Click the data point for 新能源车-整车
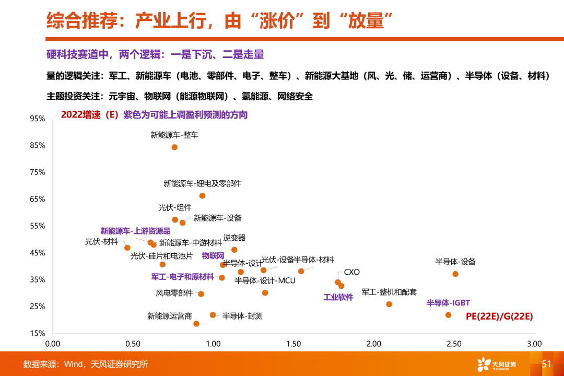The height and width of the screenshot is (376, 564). click(174, 147)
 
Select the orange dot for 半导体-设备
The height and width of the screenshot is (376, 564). click(455, 274)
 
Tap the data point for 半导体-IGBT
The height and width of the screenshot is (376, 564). click(448, 315)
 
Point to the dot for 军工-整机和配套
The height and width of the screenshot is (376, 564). click(389, 304)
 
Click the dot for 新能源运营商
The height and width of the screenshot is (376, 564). click(196, 324)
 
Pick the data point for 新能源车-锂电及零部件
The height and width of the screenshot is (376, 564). click(203, 196)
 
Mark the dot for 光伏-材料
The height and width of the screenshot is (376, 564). click(127, 248)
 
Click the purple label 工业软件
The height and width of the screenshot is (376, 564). click(338, 297)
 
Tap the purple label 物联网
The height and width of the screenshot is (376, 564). click(213, 256)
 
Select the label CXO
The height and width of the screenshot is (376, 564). click(351, 272)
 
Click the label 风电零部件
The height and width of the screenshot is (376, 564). click(174, 293)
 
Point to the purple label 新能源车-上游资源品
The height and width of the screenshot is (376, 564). click(135, 231)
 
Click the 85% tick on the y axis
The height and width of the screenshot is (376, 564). click(38, 146)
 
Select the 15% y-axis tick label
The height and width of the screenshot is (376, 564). click(38, 333)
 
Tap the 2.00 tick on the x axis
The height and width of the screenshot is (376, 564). click(374, 344)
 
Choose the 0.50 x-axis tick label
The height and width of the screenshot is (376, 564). click(133, 344)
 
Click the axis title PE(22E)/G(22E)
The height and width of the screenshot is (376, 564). click(499, 316)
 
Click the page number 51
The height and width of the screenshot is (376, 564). click(547, 364)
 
